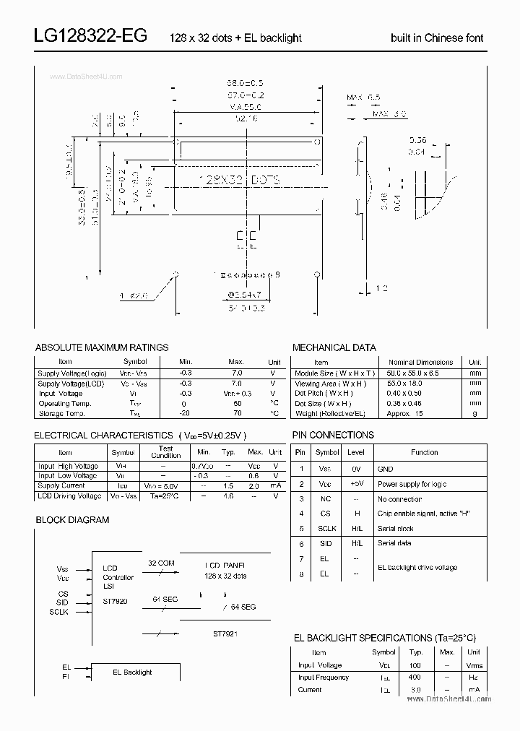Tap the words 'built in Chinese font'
[x=437, y=38]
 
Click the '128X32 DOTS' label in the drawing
[x=239, y=179]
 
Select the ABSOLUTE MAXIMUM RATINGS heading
[x=102, y=347]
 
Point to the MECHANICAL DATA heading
[x=334, y=347]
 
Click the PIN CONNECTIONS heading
[x=333, y=435]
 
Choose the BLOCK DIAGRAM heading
[x=72, y=519]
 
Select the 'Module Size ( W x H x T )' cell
[x=334, y=373]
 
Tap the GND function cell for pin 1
[x=386, y=469]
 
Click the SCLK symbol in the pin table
[x=327, y=529]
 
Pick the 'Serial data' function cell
[x=394, y=543]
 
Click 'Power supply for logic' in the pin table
[x=412, y=485]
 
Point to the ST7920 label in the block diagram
[x=115, y=601]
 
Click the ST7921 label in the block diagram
[x=225, y=633]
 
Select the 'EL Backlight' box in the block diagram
[x=132, y=672]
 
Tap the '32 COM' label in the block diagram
[x=160, y=562]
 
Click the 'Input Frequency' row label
[x=323, y=678]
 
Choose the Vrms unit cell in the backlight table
[x=474, y=665]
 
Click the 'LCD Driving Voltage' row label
[x=69, y=496]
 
